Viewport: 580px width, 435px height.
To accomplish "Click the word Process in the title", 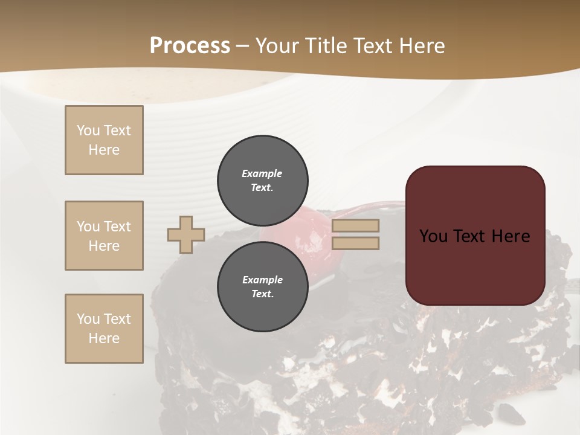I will [x=190, y=45].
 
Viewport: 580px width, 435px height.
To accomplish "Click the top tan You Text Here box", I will [x=104, y=140].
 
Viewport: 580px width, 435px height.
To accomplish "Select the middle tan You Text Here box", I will [x=104, y=236].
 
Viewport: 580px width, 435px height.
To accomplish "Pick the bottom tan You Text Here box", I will [x=104, y=329].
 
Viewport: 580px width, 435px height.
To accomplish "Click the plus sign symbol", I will [x=186, y=234].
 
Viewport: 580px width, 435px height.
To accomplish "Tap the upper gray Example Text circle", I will [x=263, y=181].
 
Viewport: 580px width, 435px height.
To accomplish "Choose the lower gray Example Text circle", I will [x=263, y=287].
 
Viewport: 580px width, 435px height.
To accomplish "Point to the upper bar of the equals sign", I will [x=356, y=225].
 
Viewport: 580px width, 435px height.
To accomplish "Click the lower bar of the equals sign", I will [x=356, y=243].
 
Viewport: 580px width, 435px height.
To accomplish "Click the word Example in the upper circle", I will [x=262, y=173].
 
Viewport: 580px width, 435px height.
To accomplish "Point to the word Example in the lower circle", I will [x=262, y=280].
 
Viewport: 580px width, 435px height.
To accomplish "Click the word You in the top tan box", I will [x=88, y=130].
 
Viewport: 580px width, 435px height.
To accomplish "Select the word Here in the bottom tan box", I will [x=104, y=338].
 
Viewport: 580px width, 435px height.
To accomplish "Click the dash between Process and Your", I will [x=242, y=46].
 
